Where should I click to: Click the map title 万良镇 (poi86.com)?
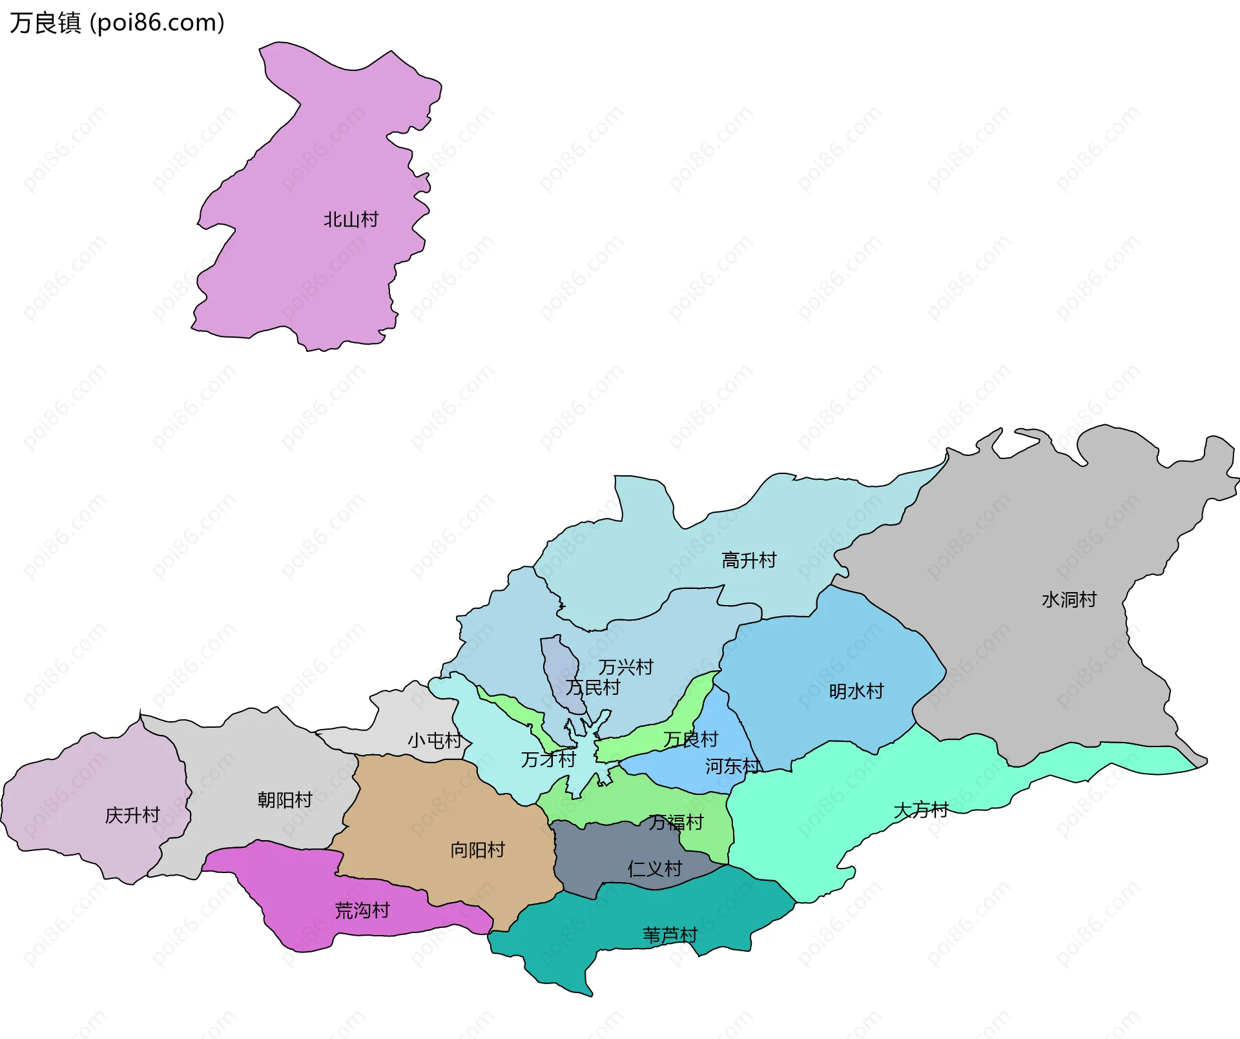point(117,23)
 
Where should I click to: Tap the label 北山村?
point(351,220)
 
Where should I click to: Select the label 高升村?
point(749,560)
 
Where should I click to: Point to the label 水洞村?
point(1069,599)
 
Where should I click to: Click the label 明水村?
point(856,691)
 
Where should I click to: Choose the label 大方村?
point(920,810)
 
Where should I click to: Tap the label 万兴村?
point(625,666)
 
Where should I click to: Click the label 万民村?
point(592,687)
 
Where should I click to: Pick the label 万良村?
point(690,739)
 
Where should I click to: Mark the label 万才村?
point(548,759)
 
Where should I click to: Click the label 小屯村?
point(435,740)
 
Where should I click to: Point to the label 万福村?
point(676,822)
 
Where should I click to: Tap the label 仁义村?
point(654,869)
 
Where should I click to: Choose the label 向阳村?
point(477,850)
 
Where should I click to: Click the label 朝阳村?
point(285,800)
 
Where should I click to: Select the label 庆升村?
point(132,815)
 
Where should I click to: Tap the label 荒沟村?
point(362,910)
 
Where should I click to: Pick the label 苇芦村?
point(670,934)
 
